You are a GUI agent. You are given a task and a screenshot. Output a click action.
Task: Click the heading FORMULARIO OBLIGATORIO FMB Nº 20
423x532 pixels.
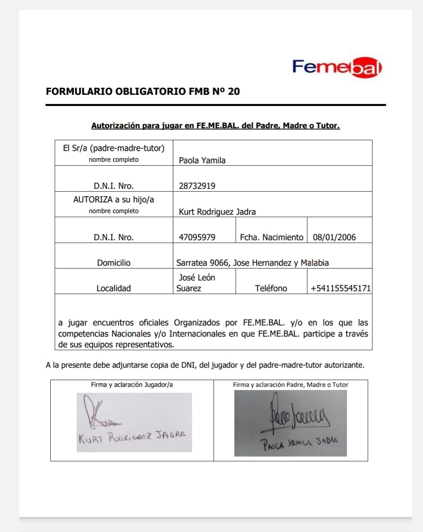click(142, 92)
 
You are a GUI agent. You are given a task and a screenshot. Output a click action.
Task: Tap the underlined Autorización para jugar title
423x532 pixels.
click(215, 126)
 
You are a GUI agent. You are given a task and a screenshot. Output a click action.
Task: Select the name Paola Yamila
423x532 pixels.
click(202, 161)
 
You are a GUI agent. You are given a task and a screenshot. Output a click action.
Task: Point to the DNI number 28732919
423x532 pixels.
click(197, 186)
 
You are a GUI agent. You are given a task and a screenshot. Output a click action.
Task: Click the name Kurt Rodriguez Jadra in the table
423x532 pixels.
click(217, 212)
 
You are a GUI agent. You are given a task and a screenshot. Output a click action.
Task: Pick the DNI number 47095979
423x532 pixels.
click(197, 238)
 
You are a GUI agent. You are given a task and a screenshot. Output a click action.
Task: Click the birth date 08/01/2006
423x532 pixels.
click(334, 238)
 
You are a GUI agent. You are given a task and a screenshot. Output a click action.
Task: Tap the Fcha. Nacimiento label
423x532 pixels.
click(271, 238)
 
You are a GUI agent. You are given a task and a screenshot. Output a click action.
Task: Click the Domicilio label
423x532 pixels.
click(114, 263)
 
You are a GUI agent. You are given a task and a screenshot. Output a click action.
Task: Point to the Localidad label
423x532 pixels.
click(114, 289)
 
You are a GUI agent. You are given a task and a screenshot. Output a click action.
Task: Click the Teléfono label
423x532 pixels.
click(271, 289)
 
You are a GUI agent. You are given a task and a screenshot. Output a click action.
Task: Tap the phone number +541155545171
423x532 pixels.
click(340, 289)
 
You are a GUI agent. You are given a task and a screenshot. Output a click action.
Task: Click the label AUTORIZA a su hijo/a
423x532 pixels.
click(114, 200)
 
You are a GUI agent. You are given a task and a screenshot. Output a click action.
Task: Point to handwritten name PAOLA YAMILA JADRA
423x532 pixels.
click(299, 443)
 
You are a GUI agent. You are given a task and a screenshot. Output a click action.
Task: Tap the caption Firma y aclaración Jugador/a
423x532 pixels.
click(132, 385)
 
